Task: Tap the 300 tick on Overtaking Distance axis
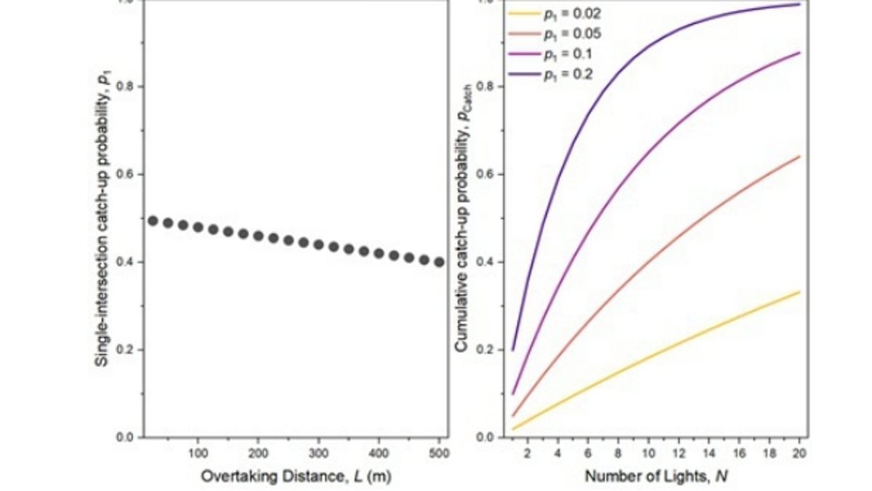tap(318, 453)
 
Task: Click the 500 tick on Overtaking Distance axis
tap(438, 453)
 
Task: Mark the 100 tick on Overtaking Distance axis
tap(198, 453)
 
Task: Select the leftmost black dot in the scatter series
tap(153, 220)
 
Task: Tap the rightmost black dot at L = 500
tap(439, 262)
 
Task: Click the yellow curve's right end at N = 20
tap(799, 292)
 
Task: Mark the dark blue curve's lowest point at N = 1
tap(513, 350)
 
